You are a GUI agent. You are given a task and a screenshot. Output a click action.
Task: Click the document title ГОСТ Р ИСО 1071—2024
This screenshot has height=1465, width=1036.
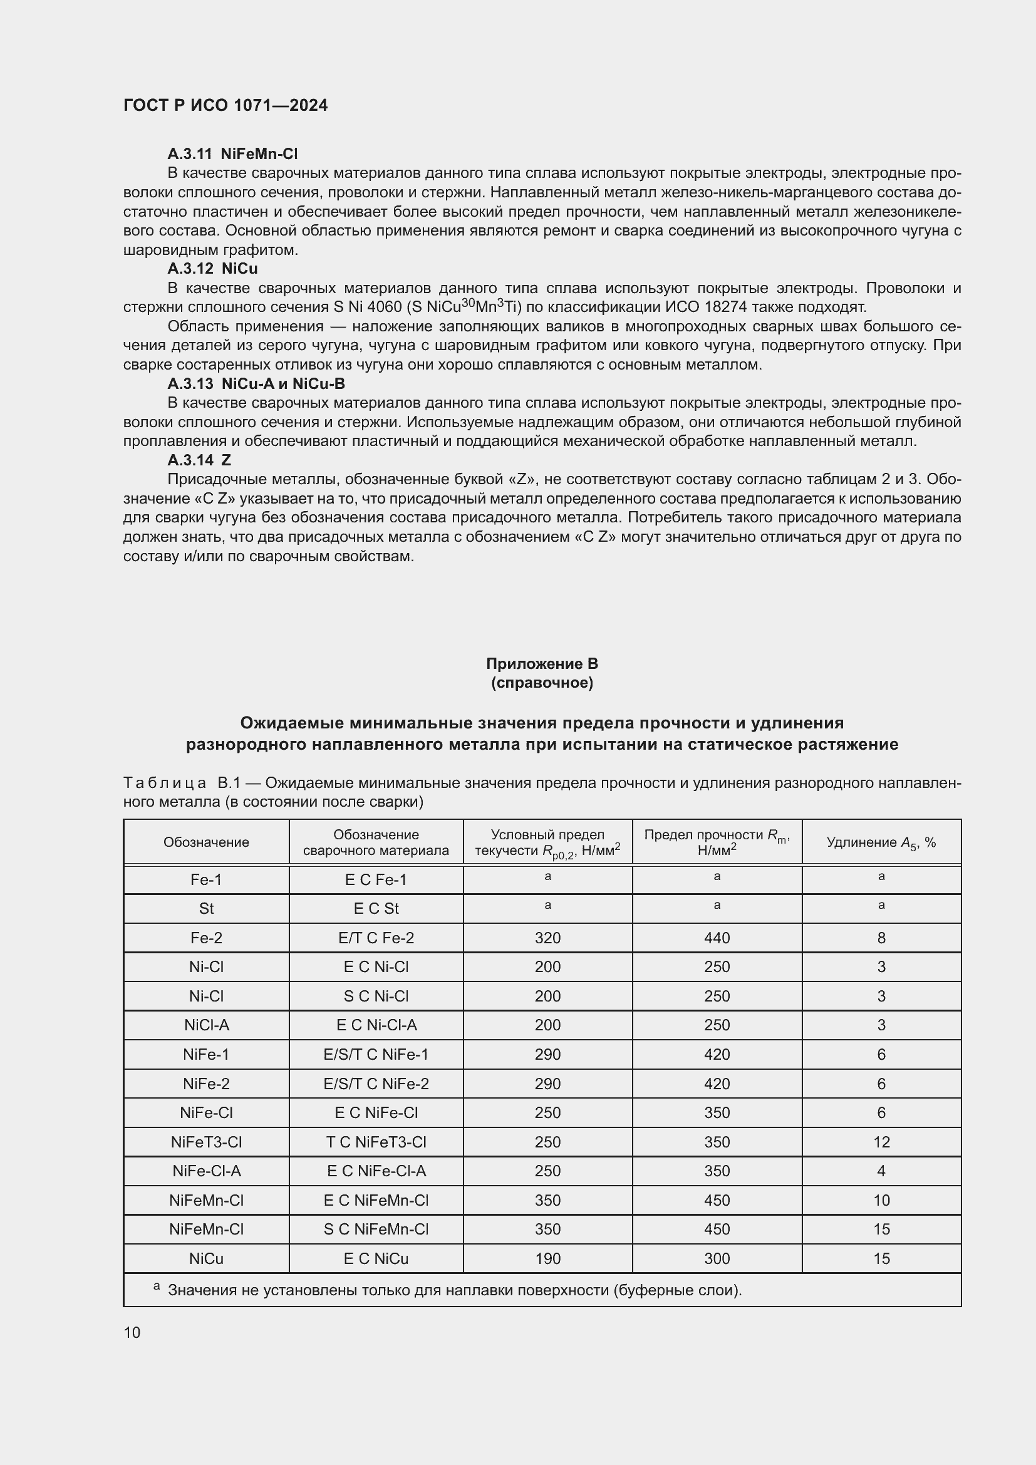[x=225, y=105]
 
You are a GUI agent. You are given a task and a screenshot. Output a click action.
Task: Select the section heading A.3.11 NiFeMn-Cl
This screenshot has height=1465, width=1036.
[x=232, y=154]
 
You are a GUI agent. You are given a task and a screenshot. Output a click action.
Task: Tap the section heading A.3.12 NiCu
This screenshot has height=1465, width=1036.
[x=212, y=269]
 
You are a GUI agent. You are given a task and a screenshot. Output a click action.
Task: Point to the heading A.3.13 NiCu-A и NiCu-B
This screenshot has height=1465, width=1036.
[x=256, y=383]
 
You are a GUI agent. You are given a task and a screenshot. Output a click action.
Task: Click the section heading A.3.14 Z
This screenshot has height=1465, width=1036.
[x=199, y=460]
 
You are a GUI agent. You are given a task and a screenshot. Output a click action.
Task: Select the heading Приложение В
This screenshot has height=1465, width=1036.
[x=542, y=663]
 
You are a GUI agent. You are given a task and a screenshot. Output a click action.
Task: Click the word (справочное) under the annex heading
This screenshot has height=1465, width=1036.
[x=542, y=683]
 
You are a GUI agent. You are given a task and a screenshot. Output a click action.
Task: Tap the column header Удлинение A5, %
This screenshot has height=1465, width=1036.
[x=881, y=842]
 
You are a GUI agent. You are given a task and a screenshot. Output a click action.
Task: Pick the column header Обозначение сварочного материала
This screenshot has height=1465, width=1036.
[x=376, y=842]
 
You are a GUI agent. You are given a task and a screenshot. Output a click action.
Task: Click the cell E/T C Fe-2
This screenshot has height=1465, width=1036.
[x=376, y=938]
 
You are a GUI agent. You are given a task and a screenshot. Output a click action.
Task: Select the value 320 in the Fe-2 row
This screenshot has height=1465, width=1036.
[x=547, y=938]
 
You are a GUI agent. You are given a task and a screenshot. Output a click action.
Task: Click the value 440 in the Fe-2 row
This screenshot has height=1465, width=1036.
[x=717, y=938]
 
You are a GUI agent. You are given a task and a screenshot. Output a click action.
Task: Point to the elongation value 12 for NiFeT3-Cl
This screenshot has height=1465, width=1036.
[x=881, y=1142]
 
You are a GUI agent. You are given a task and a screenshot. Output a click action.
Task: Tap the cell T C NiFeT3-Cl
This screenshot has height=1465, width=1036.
[x=376, y=1142]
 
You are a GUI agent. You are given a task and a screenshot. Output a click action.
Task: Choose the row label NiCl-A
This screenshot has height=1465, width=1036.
[x=206, y=1025]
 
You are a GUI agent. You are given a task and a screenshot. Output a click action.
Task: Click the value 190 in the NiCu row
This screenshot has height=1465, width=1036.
[x=547, y=1259]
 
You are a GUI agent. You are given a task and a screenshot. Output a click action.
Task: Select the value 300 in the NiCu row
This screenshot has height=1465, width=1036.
[x=717, y=1259]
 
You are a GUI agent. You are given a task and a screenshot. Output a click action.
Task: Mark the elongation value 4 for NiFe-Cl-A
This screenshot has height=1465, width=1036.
[x=881, y=1171]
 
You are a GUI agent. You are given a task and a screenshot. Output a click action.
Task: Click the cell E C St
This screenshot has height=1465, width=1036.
[x=376, y=909]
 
